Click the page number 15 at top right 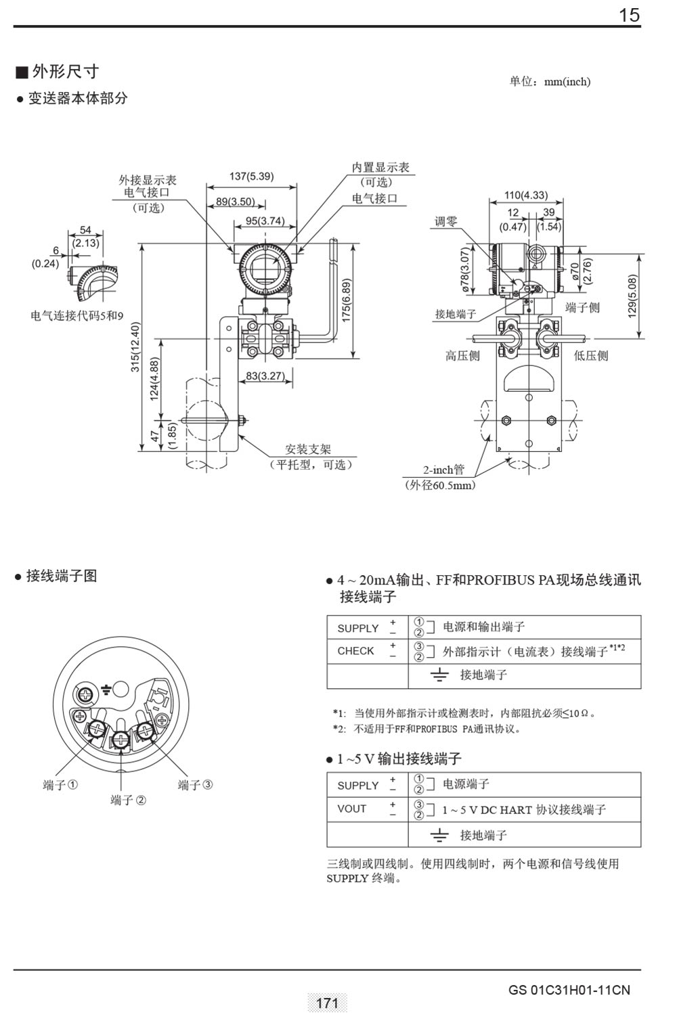[629, 15]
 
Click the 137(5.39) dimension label [251, 177]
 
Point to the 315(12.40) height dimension [135, 347]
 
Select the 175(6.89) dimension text [347, 301]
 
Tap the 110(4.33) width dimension [526, 195]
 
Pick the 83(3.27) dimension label [265, 376]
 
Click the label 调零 [446, 221]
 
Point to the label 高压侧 [462, 355]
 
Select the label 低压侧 [591, 355]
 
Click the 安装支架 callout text [308, 449]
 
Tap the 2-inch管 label [443, 470]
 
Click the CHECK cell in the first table [355, 651]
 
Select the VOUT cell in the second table [351, 809]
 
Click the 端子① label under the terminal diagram [60, 785]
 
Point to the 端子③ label [195, 785]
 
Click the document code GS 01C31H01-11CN [569, 990]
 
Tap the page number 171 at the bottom [327, 1003]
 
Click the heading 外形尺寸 [65, 72]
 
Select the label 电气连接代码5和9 [77, 315]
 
